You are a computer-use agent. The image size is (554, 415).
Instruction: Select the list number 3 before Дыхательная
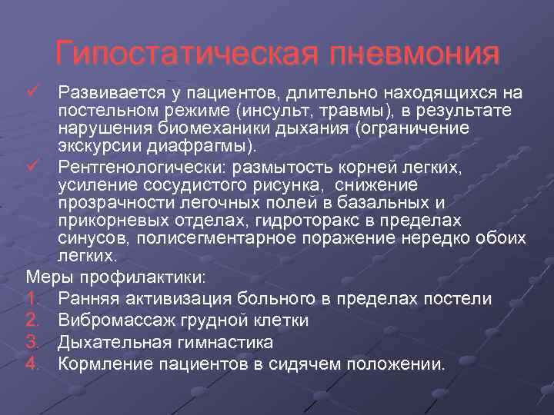tap(32, 342)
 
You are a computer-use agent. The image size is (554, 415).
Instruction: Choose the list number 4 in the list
tap(32, 364)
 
